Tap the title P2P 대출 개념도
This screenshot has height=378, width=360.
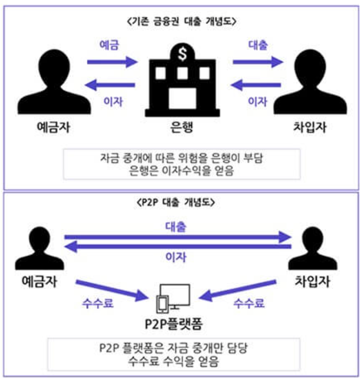point(180,203)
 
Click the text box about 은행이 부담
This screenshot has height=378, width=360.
point(181,163)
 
